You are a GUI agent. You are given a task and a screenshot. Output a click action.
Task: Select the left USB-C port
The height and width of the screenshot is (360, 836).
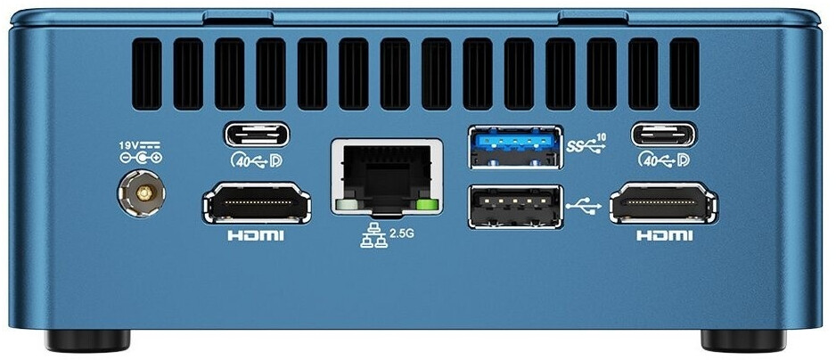tap(257, 135)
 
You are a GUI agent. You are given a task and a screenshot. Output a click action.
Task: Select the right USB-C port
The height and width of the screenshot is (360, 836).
tap(665, 135)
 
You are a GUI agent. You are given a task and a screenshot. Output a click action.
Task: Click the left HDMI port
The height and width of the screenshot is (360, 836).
tap(257, 204)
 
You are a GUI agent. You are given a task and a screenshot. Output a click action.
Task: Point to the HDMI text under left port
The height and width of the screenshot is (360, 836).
tap(257, 236)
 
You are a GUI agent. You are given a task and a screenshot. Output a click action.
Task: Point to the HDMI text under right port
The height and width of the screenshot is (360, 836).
tap(664, 236)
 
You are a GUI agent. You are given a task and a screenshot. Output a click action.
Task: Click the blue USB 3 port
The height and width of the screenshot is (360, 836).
tap(515, 146)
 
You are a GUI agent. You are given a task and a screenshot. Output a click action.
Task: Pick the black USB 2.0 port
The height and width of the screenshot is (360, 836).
tap(515, 206)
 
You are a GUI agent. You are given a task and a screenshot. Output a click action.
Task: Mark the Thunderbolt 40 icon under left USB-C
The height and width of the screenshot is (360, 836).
tap(256, 160)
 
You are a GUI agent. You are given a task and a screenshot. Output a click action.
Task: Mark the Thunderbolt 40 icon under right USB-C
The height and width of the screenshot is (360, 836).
tap(665, 160)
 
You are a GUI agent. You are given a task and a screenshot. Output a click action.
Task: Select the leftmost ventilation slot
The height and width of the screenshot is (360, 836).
tap(145, 75)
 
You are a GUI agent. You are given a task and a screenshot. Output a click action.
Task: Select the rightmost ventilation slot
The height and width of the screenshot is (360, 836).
tap(684, 75)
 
